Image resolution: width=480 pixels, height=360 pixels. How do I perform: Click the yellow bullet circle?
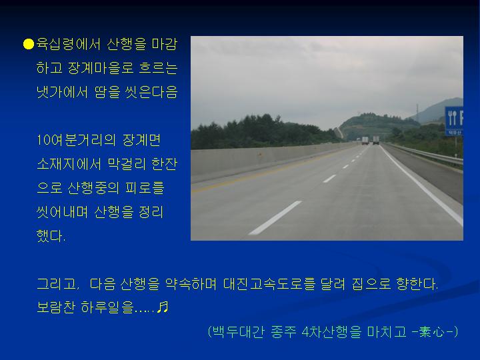[x=29, y=44]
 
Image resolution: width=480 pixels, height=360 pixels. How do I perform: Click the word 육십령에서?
[x=69, y=44]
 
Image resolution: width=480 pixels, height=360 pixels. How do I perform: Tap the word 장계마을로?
[x=101, y=68]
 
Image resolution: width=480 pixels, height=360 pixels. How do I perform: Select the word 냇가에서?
[x=62, y=92]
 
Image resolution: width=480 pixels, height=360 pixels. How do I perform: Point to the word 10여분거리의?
[x=76, y=140]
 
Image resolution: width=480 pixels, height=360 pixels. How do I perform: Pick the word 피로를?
[x=145, y=187]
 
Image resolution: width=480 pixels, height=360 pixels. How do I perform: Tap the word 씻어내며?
[x=62, y=211]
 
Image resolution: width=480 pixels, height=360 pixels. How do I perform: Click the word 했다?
[x=51, y=236]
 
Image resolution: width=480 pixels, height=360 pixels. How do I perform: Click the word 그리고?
[x=58, y=284]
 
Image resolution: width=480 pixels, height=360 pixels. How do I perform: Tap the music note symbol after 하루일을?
[x=163, y=307]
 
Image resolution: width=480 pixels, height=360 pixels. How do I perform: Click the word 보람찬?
[x=56, y=307]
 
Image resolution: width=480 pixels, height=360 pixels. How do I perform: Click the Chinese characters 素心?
[x=431, y=331]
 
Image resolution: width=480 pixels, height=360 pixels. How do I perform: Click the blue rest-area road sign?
[x=454, y=121]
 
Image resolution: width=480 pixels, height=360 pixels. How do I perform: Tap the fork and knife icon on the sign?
[x=452, y=118]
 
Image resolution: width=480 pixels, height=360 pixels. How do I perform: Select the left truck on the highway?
[x=365, y=141]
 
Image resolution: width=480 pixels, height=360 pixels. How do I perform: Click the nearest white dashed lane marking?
[x=275, y=217]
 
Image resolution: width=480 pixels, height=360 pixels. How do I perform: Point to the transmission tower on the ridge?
[x=417, y=113]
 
